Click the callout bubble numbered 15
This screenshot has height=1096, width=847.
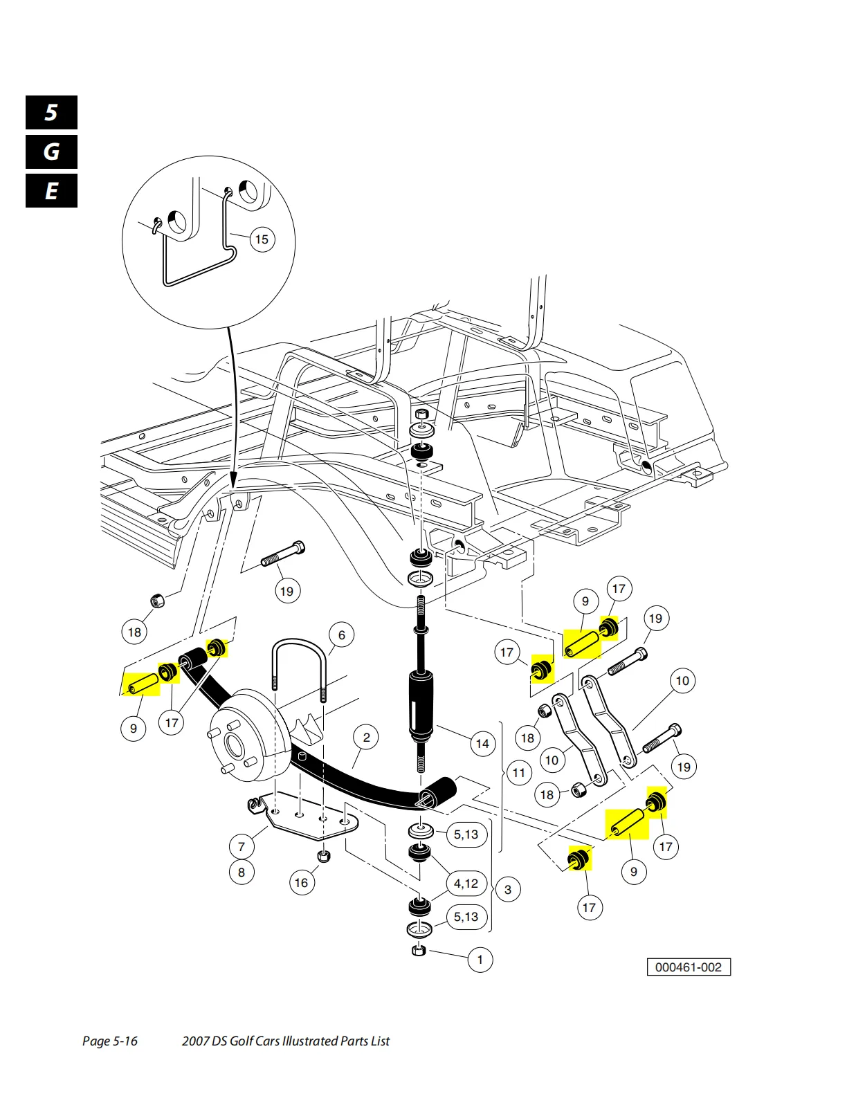262,239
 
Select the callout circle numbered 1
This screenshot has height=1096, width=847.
480,959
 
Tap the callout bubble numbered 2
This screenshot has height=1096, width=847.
366,738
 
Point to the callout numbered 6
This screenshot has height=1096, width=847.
342,635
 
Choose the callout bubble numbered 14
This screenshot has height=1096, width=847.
482,743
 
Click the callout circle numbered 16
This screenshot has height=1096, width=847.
302,882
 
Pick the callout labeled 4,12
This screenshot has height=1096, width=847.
466,883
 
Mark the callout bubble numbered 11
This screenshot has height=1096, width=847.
518,773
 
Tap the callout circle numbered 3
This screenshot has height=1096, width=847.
507,890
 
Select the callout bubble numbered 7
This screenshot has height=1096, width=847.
241,846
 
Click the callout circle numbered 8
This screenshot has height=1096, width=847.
241,872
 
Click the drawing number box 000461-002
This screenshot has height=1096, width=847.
689,967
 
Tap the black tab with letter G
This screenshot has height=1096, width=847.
51,152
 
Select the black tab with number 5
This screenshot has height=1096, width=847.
51,112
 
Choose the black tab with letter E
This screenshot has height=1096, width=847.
51,191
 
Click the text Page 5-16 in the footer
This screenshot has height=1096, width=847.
110,1041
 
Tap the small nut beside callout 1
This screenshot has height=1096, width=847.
419,951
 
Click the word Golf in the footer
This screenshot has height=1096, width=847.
242,1041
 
